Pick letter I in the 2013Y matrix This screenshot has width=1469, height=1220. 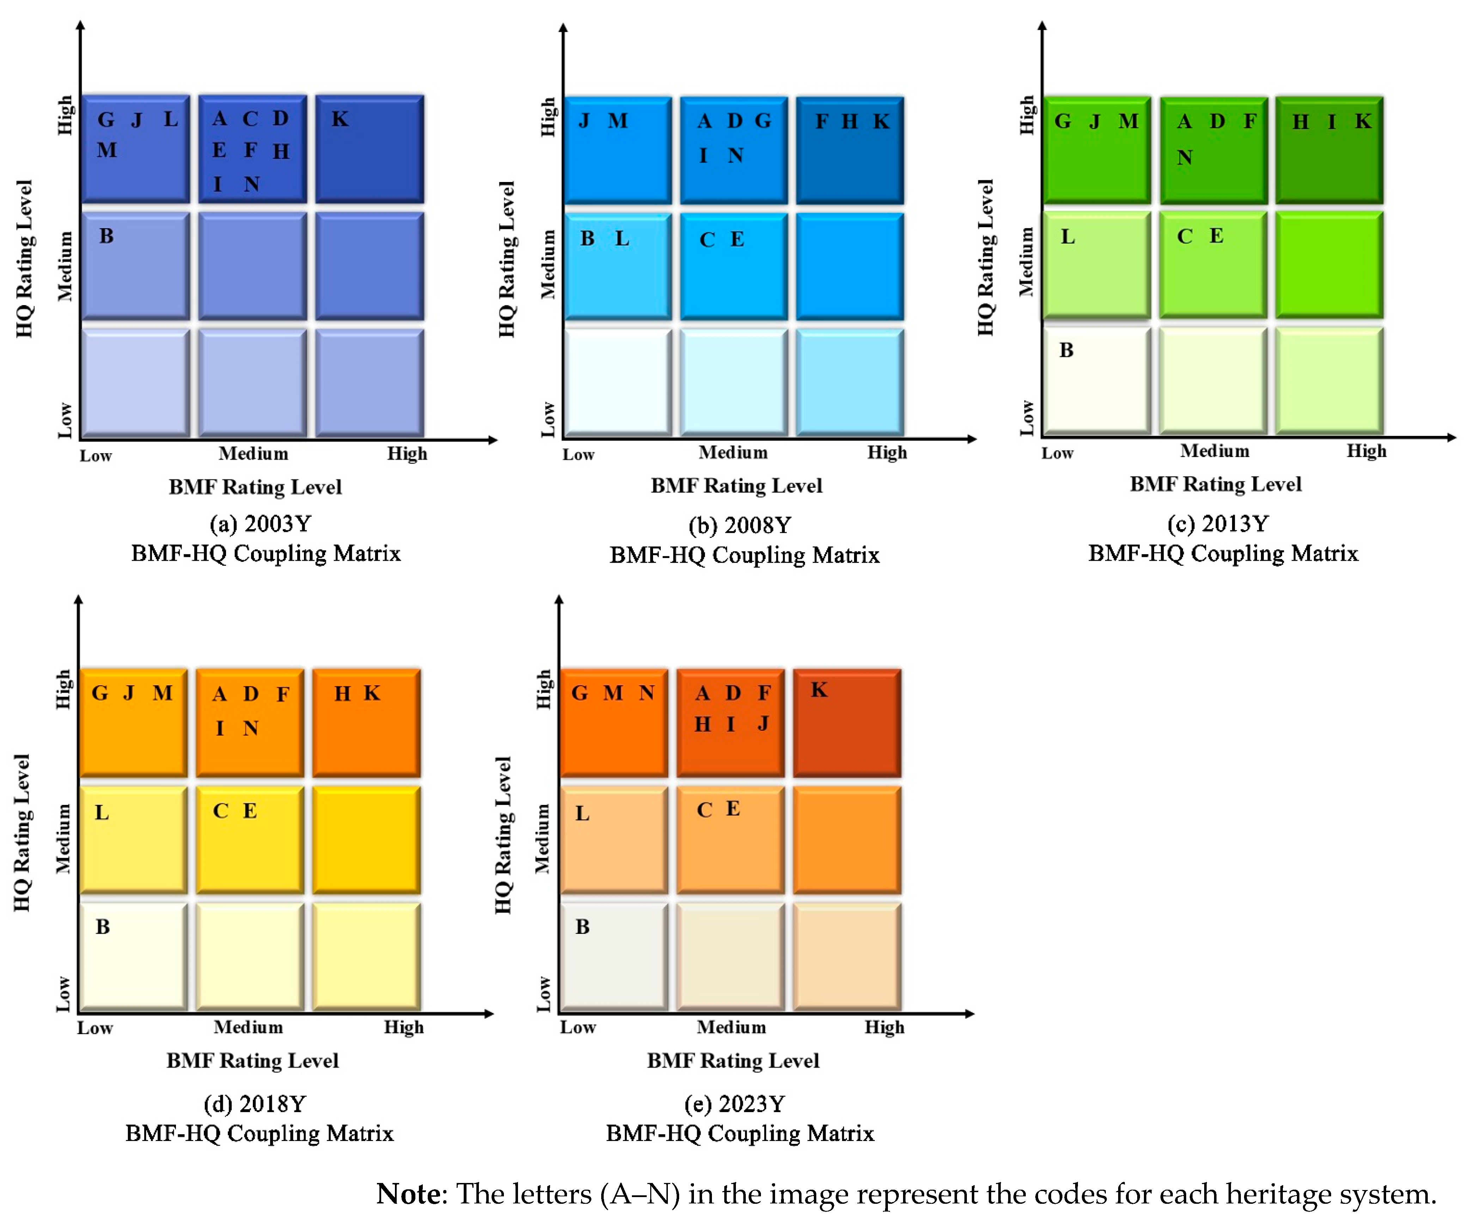point(1332,122)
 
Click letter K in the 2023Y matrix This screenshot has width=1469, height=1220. point(819,691)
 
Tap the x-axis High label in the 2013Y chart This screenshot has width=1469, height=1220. point(1366,451)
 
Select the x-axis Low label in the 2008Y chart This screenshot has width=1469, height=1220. point(579,455)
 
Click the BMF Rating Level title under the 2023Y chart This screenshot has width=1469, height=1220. point(732,1061)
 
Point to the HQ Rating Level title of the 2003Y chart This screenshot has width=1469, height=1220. point(24,259)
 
